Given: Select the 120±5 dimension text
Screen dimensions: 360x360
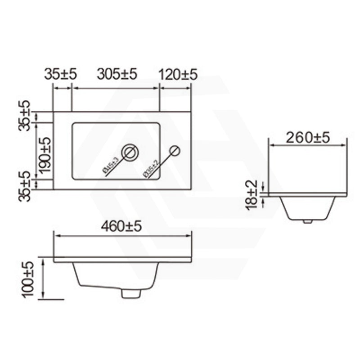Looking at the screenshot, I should coord(178,74).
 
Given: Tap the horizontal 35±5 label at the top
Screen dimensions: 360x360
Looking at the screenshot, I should coord(61,74).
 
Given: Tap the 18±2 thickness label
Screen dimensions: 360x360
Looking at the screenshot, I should coord(252,194).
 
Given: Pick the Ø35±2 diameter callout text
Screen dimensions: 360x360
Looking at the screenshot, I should coord(151,168).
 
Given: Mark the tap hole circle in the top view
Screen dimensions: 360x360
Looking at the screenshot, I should coord(175,151).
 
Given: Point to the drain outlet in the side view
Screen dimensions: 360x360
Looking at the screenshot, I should coord(308,221).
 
